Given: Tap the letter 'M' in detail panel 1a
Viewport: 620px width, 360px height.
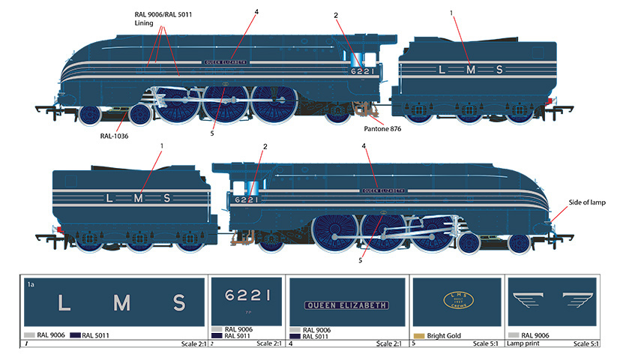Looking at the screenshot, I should pos(122,303).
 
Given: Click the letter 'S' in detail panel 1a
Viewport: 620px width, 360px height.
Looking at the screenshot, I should pos(179,303).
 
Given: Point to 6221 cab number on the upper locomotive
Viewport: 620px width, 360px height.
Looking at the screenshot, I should pos(360,71).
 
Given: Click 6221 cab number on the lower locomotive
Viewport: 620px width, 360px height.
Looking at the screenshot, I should pos(247,199).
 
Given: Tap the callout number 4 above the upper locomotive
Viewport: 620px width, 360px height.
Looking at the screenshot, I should pos(256,11).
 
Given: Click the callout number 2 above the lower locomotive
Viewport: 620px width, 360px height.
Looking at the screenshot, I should pos(265,145).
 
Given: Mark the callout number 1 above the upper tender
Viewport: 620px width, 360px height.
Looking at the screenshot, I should pos(451,13).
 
